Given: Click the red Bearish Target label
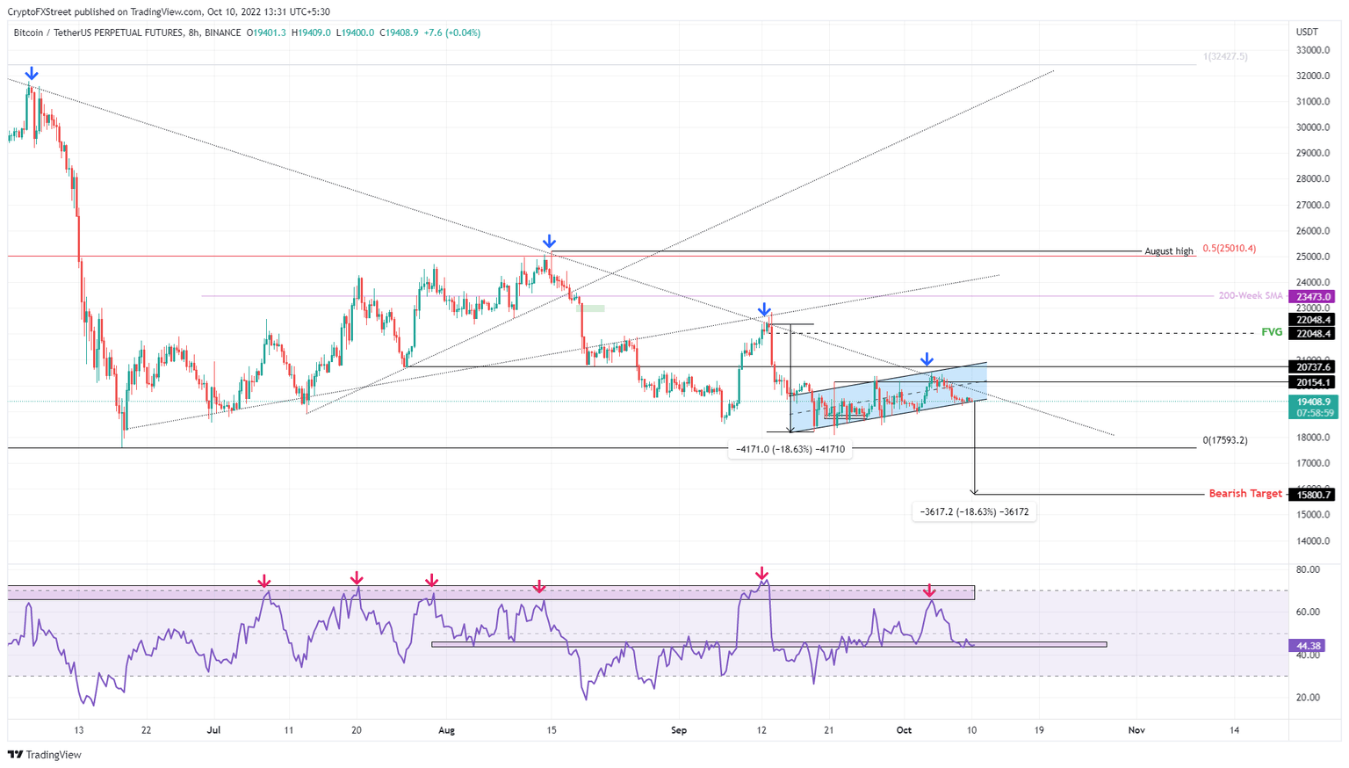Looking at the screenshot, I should (1244, 494).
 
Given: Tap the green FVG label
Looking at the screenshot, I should (1271, 332).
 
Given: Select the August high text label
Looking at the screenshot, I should (1168, 251).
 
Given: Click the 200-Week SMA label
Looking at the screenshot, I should (1250, 296).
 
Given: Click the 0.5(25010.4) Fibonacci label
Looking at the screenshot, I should (1229, 249).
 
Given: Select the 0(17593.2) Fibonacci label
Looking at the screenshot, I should (1224, 440).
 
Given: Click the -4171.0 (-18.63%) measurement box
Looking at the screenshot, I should (790, 449).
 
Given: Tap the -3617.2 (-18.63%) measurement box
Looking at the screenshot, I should (974, 511).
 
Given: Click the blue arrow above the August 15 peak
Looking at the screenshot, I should (549, 242).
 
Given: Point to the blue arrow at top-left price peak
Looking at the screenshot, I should (32, 74).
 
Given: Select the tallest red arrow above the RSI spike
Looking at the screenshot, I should (762, 574).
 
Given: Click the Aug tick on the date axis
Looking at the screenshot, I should (446, 730).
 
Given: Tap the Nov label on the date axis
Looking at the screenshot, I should (1136, 730).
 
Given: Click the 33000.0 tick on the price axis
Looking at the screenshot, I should (1313, 50).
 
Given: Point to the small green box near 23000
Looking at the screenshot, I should (590, 308).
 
